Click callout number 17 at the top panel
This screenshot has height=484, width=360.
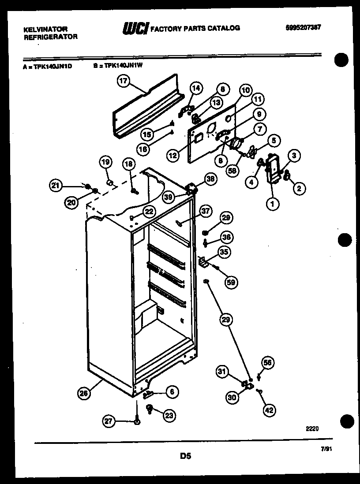124,81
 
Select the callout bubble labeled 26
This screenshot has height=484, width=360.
84,394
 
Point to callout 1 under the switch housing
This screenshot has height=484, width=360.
273,204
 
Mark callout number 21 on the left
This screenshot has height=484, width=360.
55,185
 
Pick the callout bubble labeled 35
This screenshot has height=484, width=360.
224,253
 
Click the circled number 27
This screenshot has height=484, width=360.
109,421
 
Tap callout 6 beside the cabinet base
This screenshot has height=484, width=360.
172,391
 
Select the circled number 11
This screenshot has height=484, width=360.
257,99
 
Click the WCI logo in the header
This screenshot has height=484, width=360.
135,28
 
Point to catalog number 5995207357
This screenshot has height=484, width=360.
303,27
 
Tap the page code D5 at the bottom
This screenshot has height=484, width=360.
185,456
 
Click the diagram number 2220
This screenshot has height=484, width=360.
311,428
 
